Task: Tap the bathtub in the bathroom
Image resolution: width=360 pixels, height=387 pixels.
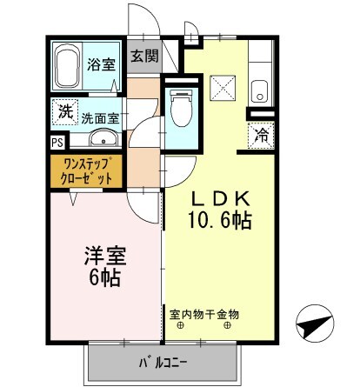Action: [x=67, y=67]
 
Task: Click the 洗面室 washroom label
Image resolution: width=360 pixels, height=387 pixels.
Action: [x=100, y=116]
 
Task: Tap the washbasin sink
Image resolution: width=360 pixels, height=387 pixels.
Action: [x=99, y=139]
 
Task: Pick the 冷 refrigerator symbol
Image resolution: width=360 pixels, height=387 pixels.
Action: [x=260, y=135]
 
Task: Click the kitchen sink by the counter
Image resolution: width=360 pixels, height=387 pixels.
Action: [x=259, y=89]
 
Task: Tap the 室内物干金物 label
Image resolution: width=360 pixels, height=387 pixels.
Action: [x=204, y=314]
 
